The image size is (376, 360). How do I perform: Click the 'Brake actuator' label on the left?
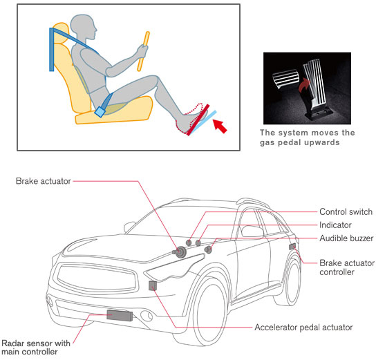[x=43, y=181]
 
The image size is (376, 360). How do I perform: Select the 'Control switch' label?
[x=346, y=212]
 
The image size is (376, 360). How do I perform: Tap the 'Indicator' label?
[x=335, y=225]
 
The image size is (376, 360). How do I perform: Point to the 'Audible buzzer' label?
[x=346, y=238]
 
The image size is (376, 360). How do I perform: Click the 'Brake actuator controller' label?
[x=347, y=267]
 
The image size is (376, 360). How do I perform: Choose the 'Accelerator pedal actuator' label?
[x=303, y=328]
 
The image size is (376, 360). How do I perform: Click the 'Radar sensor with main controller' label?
[x=36, y=348]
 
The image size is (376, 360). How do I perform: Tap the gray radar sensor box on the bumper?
[x=120, y=315]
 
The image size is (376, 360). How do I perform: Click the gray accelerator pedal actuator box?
[x=153, y=285]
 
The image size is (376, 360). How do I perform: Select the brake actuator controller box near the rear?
[x=292, y=247]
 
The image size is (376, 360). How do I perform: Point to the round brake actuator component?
[x=180, y=252]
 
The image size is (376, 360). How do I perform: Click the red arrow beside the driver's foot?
[x=220, y=126]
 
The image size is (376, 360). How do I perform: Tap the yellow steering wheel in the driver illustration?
[x=143, y=52]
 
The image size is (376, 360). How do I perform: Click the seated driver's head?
[x=84, y=27]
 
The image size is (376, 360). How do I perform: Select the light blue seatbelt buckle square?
[x=100, y=112]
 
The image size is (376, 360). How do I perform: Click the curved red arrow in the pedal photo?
[x=304, y=86]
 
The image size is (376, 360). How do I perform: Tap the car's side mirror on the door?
[x=252, y=231]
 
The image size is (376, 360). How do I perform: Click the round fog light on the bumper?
[x=147, y=316]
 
